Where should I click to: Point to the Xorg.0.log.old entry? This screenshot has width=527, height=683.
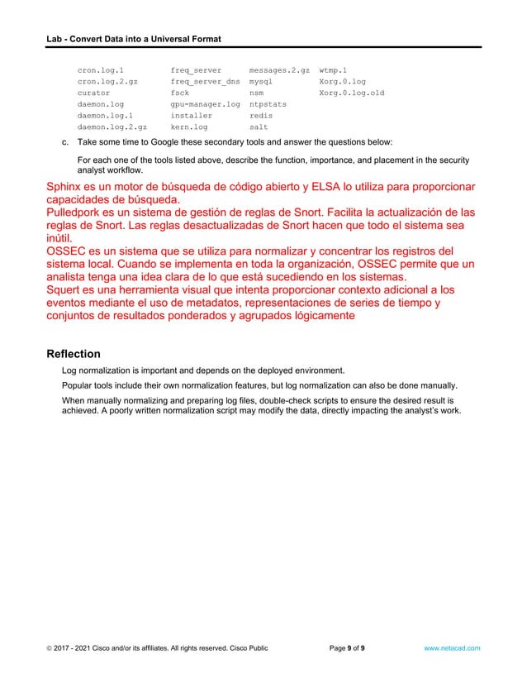[x=351, y=94]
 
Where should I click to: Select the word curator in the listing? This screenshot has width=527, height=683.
[x=93, y=94]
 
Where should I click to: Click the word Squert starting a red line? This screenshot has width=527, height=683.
[x=66, y=290]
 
